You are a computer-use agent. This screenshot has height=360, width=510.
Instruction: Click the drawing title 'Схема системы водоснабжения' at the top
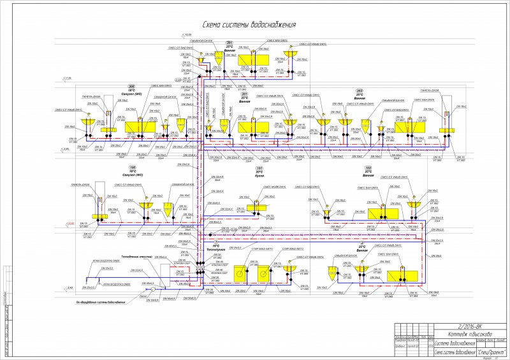coord(249,25)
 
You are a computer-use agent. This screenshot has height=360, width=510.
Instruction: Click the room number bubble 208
coord(132,87)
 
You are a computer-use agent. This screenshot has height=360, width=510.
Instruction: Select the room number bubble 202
coord(360,90)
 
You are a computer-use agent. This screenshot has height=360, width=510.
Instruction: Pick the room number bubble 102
coord(368,168)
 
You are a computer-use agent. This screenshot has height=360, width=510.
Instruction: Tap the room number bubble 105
coord(133,168)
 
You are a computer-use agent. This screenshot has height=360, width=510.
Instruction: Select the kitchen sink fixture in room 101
coord(258,205)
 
